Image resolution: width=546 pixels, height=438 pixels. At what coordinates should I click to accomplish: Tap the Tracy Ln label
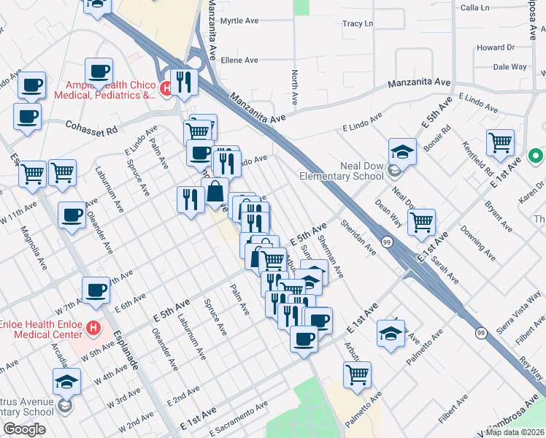point(358,24)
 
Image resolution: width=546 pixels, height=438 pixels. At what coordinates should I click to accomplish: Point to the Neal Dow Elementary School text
point(342,171)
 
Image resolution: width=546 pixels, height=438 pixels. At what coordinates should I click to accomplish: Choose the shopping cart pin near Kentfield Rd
point(500,142)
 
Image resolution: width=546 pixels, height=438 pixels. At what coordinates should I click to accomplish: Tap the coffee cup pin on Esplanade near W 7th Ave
point(96,291)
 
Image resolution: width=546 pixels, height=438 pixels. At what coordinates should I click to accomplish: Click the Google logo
point(24,429)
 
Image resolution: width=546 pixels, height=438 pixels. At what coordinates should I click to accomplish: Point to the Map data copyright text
point(515,432)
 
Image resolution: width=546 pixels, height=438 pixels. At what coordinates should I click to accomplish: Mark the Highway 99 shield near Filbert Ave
point(480,333)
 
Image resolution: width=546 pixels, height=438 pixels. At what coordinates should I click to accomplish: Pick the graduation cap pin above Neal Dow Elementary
point(401,152)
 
